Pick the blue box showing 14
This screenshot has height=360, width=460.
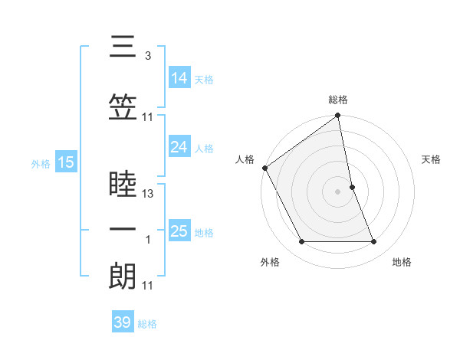click(x=179, y=77)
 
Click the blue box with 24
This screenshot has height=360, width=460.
click(x=179, y=147)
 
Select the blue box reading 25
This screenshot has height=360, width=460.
click(x=179, y=231)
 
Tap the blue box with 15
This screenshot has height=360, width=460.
click(x=66, y=162)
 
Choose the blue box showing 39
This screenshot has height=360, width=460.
click(x=123, y=322)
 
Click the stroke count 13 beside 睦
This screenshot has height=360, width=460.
click(x=149, y=194)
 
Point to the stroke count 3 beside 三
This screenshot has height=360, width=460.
click(x=147, y=56)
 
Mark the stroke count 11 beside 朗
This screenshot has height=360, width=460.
click(x=149, y=286)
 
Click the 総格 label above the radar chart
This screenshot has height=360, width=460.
click(x=338, y=100)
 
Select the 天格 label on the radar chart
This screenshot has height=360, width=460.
click(x=432, y=159)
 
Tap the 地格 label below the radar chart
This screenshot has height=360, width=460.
click(x=402, y=262)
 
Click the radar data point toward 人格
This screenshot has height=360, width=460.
click(x=264, y=168)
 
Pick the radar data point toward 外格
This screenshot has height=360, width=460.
click(x=301, y=242)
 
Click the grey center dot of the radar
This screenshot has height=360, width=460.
click(x=338, y=191)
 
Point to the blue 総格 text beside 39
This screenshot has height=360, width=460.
click(x=148, y=324)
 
